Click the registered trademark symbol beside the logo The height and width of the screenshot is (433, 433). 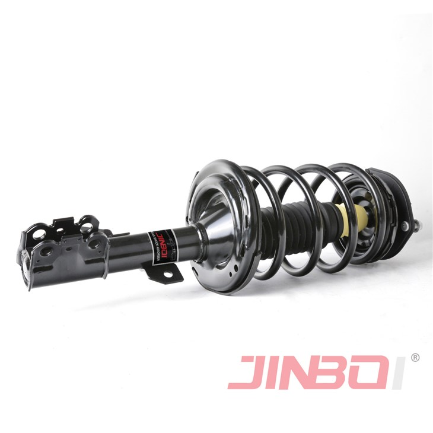point(415,358)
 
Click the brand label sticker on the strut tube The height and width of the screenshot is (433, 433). point(161,240)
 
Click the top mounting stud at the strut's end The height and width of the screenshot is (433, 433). point(418,225)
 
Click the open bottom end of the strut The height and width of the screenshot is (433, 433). point(27,264)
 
